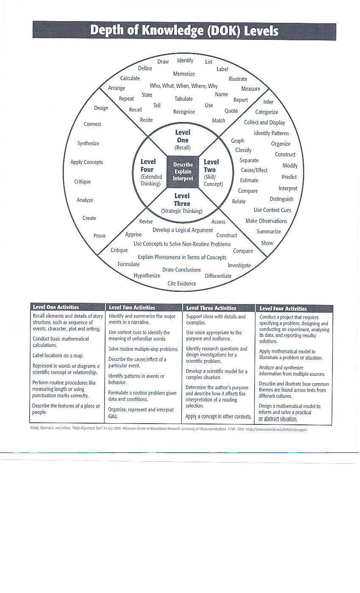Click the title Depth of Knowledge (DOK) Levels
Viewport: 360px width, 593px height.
pyautogui.click(x=184, y=31)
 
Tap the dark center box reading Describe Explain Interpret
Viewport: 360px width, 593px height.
pyautogui.click(x=183, y=172)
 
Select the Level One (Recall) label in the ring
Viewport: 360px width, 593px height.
pyautogui.click(x=183, y=140)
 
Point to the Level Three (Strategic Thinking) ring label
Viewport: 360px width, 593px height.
pyautogui.click(x=182, y=203)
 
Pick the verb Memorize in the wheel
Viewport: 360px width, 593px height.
pyautogui.click(x=183, y=74)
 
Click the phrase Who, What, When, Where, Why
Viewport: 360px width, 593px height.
pyautogui.click(x=183, y=86)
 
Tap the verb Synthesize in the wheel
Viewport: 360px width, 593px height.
pyautogui.click(x=88, y=143)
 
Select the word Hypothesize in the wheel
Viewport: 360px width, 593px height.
pyautogui.click(x=147, y=275)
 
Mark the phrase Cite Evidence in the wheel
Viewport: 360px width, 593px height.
pyautogui.click(x=182, y=283)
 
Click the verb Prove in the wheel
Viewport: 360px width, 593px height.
pyautogui.click(x=100, y=236)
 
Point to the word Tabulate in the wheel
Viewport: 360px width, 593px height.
pyautogui.click(x=183, y=99)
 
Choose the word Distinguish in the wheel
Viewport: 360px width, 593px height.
pyautogui.click(x=281, y=199)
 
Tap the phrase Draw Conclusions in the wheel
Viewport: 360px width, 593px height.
pyautogui.click(x=182, y=269)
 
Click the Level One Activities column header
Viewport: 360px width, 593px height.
pyautogui.click(x=56, y=307)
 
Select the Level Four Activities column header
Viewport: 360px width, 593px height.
pyautogui.click(x=283, y=308)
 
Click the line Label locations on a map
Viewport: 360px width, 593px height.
pyautogui.click(x=58, y=356)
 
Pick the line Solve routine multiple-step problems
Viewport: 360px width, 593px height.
pyautogui.click(x=143, y=349)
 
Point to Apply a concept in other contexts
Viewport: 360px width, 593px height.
pyautogui.click(x=219, y=416)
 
